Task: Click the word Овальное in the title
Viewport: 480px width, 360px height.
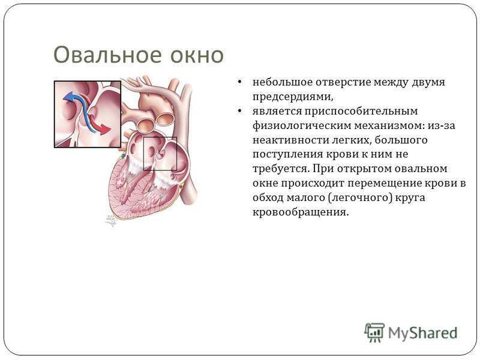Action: [x=107, y=55]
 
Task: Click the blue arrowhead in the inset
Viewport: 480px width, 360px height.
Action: [x=68, y=96]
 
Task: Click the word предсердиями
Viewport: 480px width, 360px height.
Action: [x=293, y=97]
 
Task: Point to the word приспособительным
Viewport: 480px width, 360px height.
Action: [x=361, y=112]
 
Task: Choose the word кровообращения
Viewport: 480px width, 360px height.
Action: [x=301, y=212]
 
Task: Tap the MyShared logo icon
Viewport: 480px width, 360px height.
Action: [x=374, y=332]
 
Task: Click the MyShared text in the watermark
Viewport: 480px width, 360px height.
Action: [x=423, y=333]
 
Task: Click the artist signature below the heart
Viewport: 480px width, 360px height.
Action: [x=111, y=220]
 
